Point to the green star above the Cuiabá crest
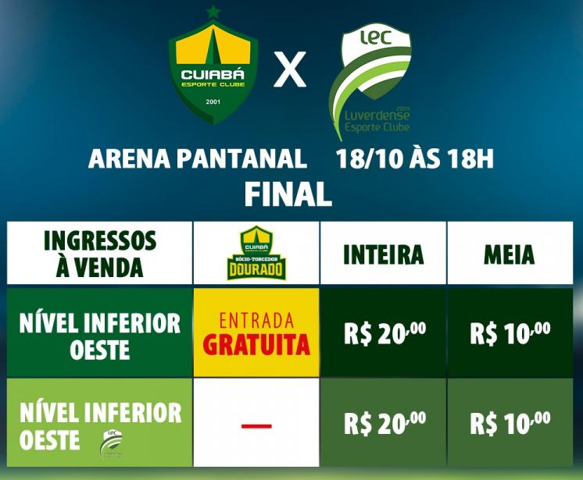click(x=212, y=12)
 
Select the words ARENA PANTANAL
click(x=197, y=159)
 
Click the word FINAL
click(x=288, y=194)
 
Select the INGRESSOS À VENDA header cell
click(x=99, y=253)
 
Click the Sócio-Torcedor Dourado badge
click(x=256, y=253)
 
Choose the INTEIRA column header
click(x=383, y=254)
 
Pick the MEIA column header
click(x=509, y=254)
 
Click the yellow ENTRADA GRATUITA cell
click(x=256, y=333)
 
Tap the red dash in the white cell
click(x=256, y=426)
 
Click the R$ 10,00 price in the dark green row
click(x=510, y=333)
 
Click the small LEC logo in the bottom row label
click(x=111, y=443)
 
